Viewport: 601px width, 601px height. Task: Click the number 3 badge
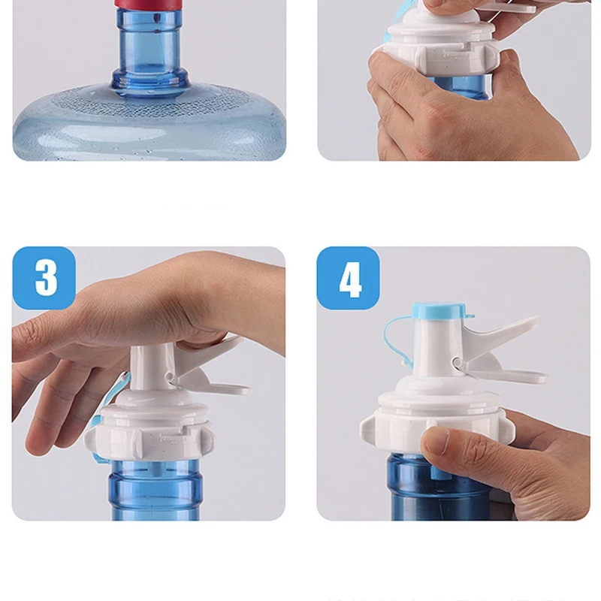44,278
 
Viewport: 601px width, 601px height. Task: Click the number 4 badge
348,278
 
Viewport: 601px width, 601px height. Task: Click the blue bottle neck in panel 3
154,489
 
